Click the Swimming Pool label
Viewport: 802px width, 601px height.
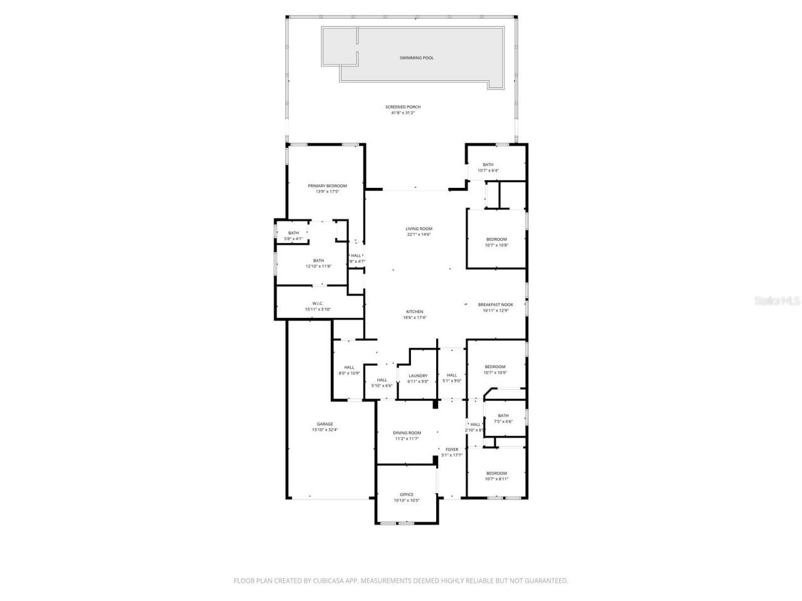pyautogui.click(x=416, y=58)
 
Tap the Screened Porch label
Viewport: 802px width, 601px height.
pyautogui.click(x=403, y=107)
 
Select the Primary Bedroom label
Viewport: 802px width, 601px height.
pyautogui.click(x=327, y=186)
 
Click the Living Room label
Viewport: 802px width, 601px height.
pyautogui.click(x=419, y=229)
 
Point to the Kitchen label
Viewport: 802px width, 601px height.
pyautogui.click(x=414, y=312)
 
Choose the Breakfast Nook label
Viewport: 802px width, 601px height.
pyautogui.click(x=495, y=304)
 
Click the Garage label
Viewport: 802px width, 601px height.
pyautogui.click(x=325, y=424)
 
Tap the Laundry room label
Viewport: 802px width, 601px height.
pyautogui.click(x=417, y=376)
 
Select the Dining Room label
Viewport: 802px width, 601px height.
pyautogui.click(x=407, y=433)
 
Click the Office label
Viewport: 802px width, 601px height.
pyautogui.click(x=407, y=494)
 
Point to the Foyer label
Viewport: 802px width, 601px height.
pyautogui.click(x=451, y=449)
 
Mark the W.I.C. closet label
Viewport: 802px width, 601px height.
pyautogui.click(x=317, y=303)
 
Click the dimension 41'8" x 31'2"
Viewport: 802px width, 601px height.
pyautogui.click(x=403, y=113)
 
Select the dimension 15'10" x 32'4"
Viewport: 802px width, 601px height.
pyautogui.click(x=325, y=430)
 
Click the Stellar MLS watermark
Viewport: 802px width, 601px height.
pyautogui.click(x=777, y=301)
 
